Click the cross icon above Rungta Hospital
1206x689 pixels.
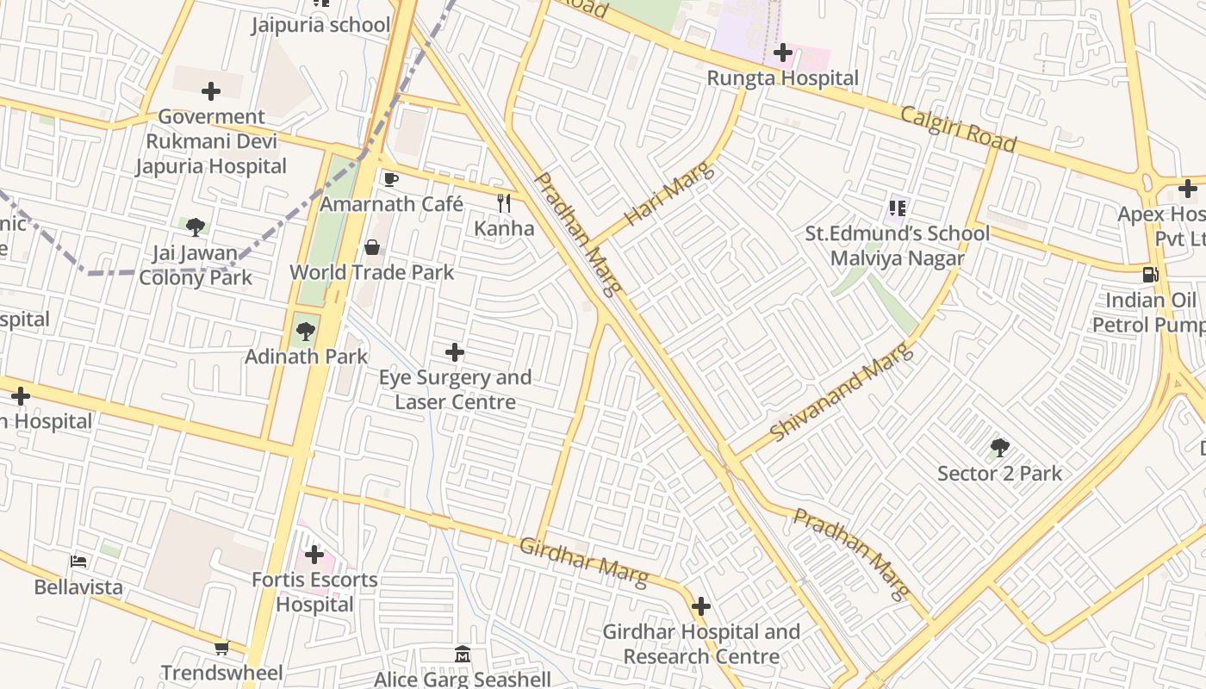(782, 53)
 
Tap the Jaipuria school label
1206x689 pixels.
(320, 25)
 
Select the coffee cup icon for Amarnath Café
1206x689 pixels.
(390, 179)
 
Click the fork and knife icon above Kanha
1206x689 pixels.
(504, 203)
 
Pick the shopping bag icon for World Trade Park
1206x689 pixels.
(372, 248)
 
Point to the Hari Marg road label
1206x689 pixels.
(669, 195)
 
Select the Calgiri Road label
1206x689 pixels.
(959, 129)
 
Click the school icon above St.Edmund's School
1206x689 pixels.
(897, 208)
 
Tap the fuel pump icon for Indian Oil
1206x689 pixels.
(1150, 275)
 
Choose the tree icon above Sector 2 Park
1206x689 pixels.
(999, 448)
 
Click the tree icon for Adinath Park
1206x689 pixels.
(305, 332)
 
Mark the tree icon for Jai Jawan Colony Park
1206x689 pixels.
(196, 227)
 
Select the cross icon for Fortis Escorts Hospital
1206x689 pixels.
(314, 555)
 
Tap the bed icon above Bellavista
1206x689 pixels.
(78, 562)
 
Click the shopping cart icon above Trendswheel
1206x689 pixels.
(221, 648)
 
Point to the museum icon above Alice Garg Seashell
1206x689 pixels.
(463, 655)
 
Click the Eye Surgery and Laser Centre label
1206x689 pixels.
(455, 389)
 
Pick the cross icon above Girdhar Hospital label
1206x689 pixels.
(701, 606)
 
